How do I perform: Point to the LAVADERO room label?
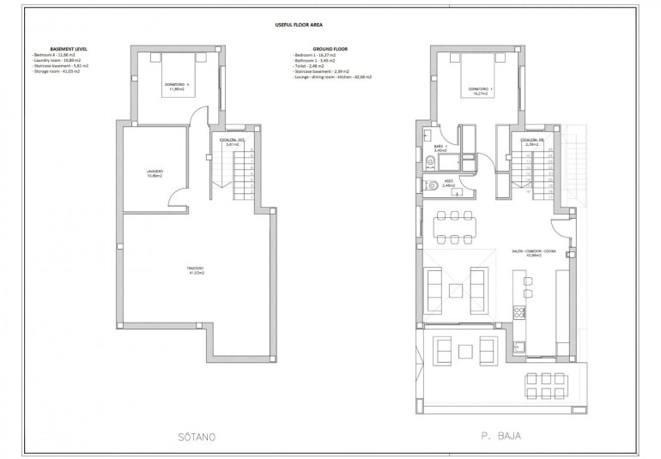pyautogui.click(x=155, y=174)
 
